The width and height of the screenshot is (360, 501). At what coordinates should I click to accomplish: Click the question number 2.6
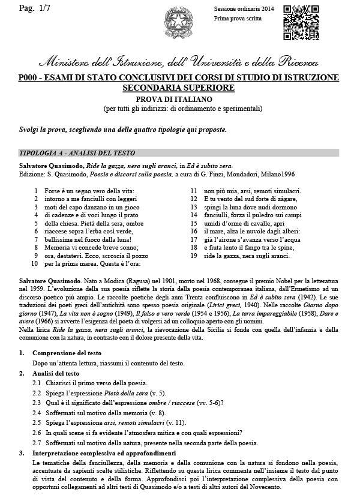[37, 432]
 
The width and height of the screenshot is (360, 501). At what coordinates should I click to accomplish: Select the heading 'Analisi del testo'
[60, 373]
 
